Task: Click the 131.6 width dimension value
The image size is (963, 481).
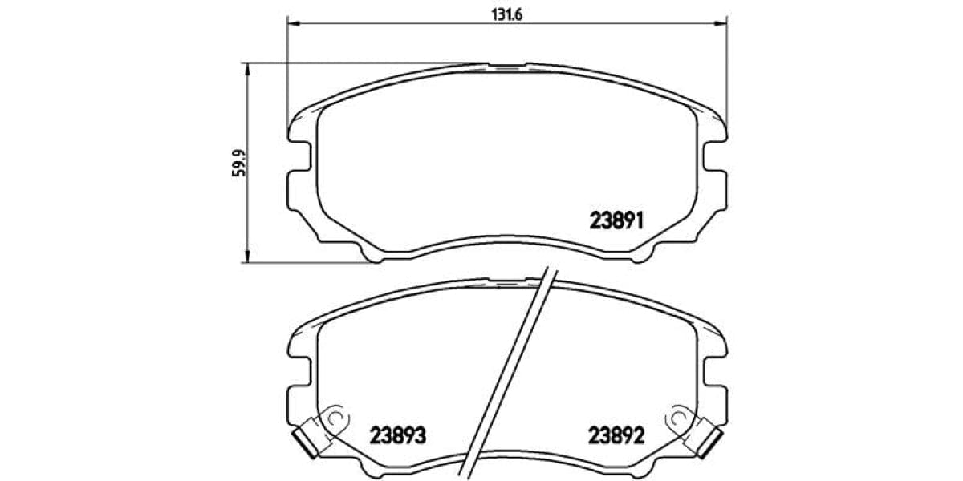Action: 507,13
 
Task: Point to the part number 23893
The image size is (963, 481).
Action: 396,437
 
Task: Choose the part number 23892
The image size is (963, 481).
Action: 617,437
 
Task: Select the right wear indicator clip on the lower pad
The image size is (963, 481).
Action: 706,438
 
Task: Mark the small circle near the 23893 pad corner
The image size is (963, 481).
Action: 334,418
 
